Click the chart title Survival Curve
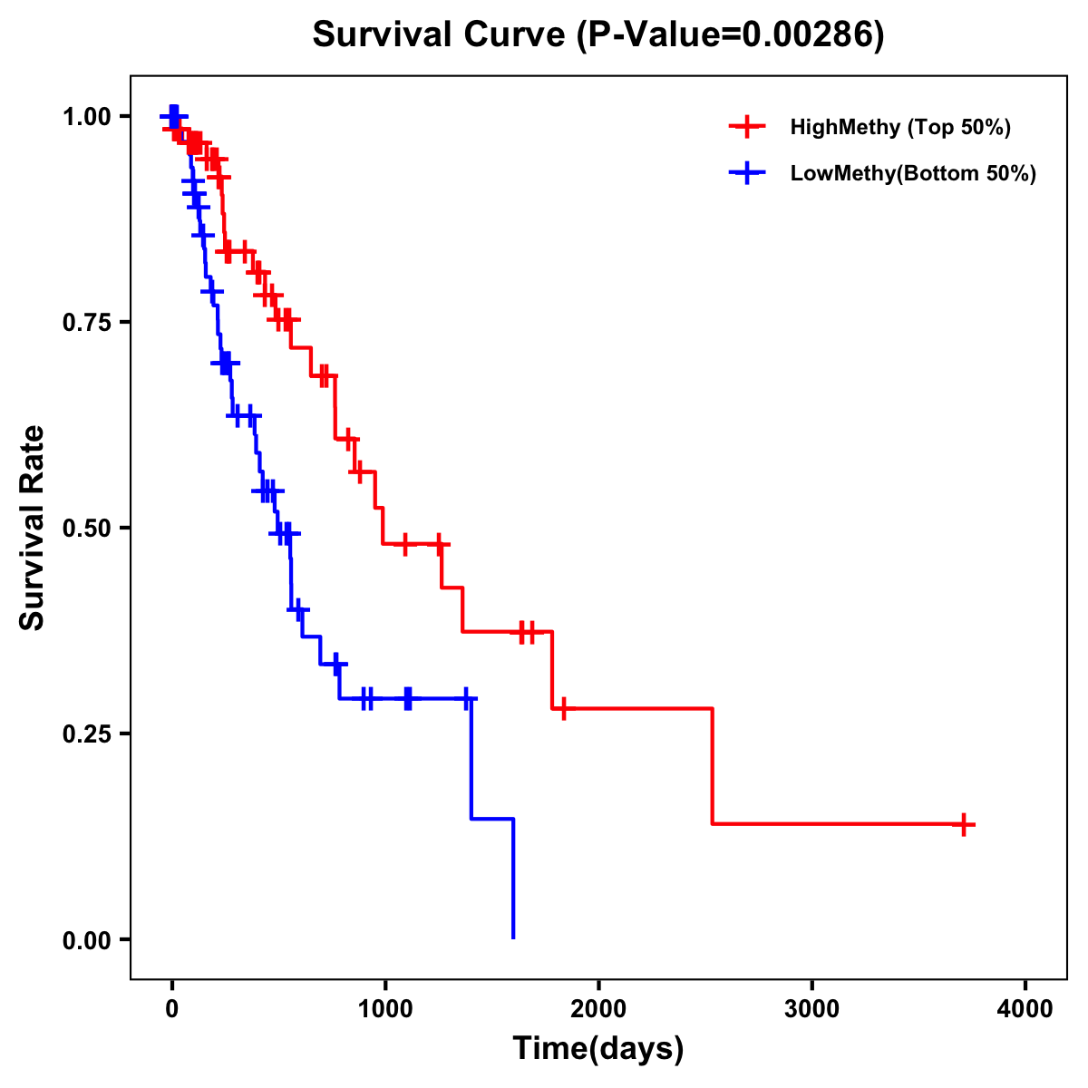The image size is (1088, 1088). (597, 34)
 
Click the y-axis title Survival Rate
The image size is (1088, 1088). (33, 527)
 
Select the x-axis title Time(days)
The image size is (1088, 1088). (597, 1049)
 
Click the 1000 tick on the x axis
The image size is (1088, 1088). (384, 1010)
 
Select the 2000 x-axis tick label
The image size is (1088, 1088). (598, 1010)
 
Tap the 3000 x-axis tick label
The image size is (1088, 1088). (811, 1010)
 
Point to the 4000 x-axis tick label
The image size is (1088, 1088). (1025, 1010)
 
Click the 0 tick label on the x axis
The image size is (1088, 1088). (171, 1010)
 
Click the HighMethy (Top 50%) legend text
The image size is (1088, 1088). (899, 127)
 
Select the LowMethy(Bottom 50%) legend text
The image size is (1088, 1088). (912, 173)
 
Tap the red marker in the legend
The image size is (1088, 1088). (747, 127)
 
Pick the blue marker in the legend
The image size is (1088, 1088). (747, 173)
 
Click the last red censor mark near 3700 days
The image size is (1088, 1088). (965, 824)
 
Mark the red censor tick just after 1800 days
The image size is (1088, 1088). (564, 708)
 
